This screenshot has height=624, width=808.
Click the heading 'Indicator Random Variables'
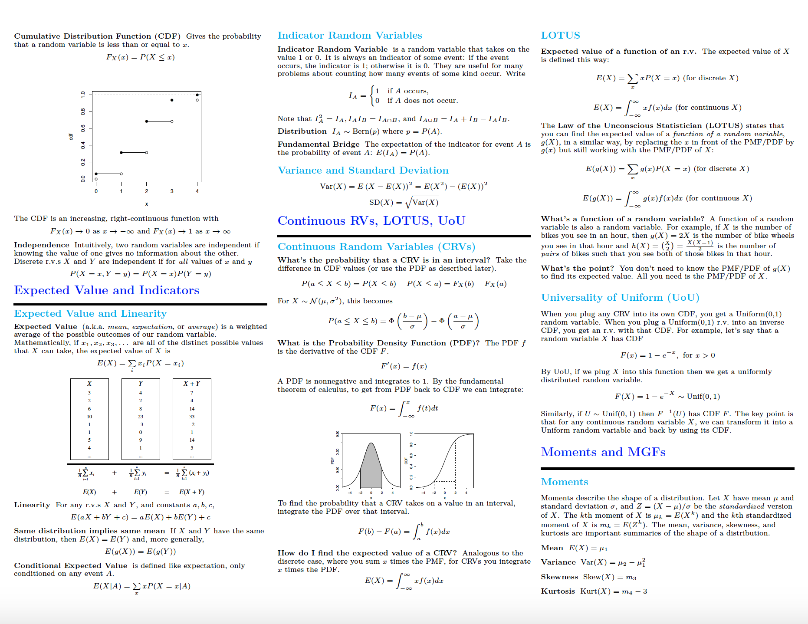tap(350, 36)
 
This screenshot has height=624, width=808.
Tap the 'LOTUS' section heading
tap(560, 36)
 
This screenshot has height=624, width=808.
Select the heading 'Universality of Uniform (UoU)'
tap(620, 298)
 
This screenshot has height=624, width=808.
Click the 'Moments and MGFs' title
tap(603, 452)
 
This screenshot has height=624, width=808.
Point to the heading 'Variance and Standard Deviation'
tap(363, 171)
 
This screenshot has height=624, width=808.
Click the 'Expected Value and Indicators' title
tap(106, 290)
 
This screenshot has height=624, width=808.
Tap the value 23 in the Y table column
tap(141, 417)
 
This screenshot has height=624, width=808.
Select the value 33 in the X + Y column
tap(192, 417)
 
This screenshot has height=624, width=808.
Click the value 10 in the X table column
tap(89, 417)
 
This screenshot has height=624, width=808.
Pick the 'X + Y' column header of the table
tap(191, 384)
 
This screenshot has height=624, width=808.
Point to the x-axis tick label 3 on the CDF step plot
tap(172, 191)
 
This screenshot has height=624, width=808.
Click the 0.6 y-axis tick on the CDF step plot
tap(83, 128)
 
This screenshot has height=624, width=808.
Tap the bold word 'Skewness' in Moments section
tap(559, 577)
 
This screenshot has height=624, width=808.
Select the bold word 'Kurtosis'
tap(558, 591)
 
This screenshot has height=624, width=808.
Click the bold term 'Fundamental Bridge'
tap(319, 145)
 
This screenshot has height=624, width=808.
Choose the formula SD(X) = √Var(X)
tap(404, 203)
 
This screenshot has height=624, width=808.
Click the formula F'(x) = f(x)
tap(404, 366)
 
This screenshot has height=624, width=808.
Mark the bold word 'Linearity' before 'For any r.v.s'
tap(32, 505)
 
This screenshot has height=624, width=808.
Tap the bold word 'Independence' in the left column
tap(42, 245)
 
